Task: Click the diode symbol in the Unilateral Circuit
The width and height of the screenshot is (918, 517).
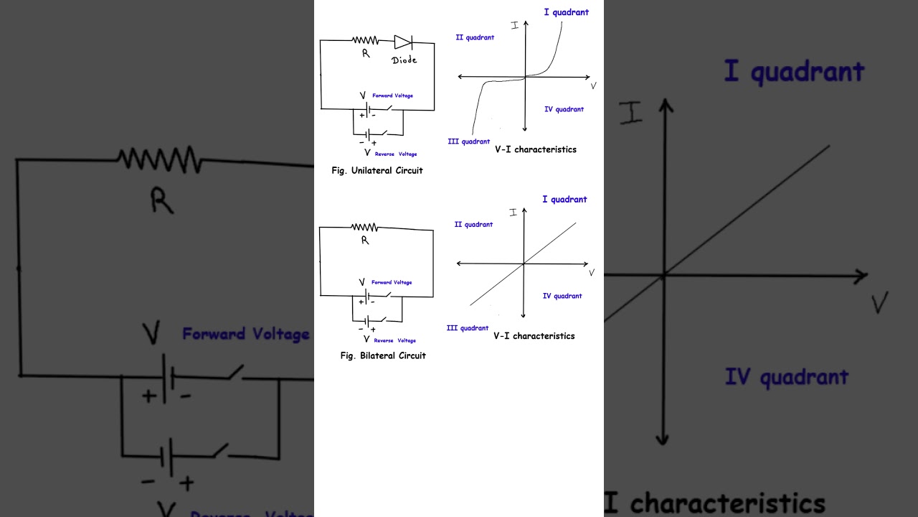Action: coord(403,42)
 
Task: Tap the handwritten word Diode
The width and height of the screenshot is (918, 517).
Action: coord(404,60)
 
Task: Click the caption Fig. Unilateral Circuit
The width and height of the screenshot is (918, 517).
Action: coord(377,171)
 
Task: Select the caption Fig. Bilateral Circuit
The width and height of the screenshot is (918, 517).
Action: coord(383,355)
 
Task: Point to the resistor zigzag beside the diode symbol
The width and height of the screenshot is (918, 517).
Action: coord(365,40)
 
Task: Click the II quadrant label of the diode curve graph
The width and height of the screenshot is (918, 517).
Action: coord(475,37)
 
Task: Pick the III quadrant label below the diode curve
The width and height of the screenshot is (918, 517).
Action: coord(469,141)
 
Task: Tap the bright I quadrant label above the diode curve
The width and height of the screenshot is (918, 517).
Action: coord(567,12)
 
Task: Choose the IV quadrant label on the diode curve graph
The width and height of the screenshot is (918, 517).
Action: coord(564,109)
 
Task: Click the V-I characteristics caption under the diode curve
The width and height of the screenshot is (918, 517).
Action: coord(536,149)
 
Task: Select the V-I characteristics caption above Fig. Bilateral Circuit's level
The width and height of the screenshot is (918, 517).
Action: coord(534,336)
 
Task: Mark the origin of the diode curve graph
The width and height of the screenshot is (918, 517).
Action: coord(526,77)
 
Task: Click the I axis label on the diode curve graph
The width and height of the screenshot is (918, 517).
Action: coord(515,25)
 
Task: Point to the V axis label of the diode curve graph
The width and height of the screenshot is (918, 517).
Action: coord(593,85)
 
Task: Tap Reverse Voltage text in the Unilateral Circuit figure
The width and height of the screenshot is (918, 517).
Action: coord(396,154)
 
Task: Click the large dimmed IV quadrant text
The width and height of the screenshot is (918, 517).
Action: coord(787,377)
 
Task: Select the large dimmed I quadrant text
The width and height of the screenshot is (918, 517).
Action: coord(794,72)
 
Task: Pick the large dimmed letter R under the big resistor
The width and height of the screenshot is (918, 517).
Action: coord(162,200)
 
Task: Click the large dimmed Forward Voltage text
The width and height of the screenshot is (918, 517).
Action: coord(246,335)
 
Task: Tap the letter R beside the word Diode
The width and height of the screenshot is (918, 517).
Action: coord(366,53)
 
